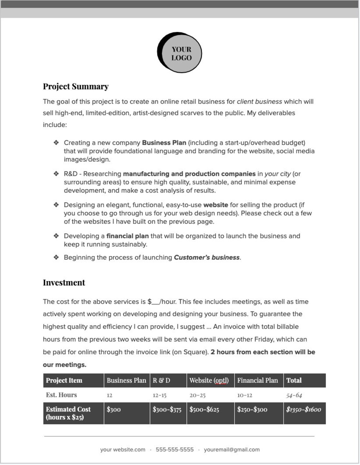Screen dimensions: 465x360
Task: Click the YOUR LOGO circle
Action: pyautogui.click(x=180, y=53)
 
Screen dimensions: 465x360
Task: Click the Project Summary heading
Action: pyautogui.click(x=75, y=86)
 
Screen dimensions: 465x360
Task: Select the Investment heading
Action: pyautogui.click(x=64, y=283)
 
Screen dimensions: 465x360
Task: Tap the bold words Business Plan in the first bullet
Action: pyautogui.click(x=164, y=143)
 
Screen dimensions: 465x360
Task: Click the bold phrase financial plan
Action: pyautogui.click(x=127, y=236)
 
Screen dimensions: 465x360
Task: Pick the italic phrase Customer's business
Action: pyautogui.click(x=207, y=257)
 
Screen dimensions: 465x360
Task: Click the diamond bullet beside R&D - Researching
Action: pyautogui.click(x=56, y=174)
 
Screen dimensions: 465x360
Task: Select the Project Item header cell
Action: pyautogui.click(x=64, y=380)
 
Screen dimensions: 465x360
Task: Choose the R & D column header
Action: pyautogui.click(x=161, y=380)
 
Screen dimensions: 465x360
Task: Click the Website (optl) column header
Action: pyautogui.click(x=209, y=380)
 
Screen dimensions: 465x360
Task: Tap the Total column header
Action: pyautogui.click(x=294, y=380)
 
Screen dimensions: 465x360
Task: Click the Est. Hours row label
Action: pyautogui.click(x=61, y=395)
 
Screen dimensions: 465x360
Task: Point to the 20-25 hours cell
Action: pyautogui.click(x=197, y=395)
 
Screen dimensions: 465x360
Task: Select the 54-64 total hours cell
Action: pyautogui.click(x=294, y=395)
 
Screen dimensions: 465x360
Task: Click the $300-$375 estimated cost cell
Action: pyautogui.click(x=167, y=409)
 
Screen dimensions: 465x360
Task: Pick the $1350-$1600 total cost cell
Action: pyautogui.click(x=303, y=409)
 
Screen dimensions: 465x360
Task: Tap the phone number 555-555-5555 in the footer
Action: pyautogui.click(x=175, y=450)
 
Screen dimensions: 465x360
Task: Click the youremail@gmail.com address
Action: pyautogui.click(x=231, y=450)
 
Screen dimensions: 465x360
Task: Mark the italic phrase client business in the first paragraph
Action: pyautogui.click(x=259, y=102)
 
